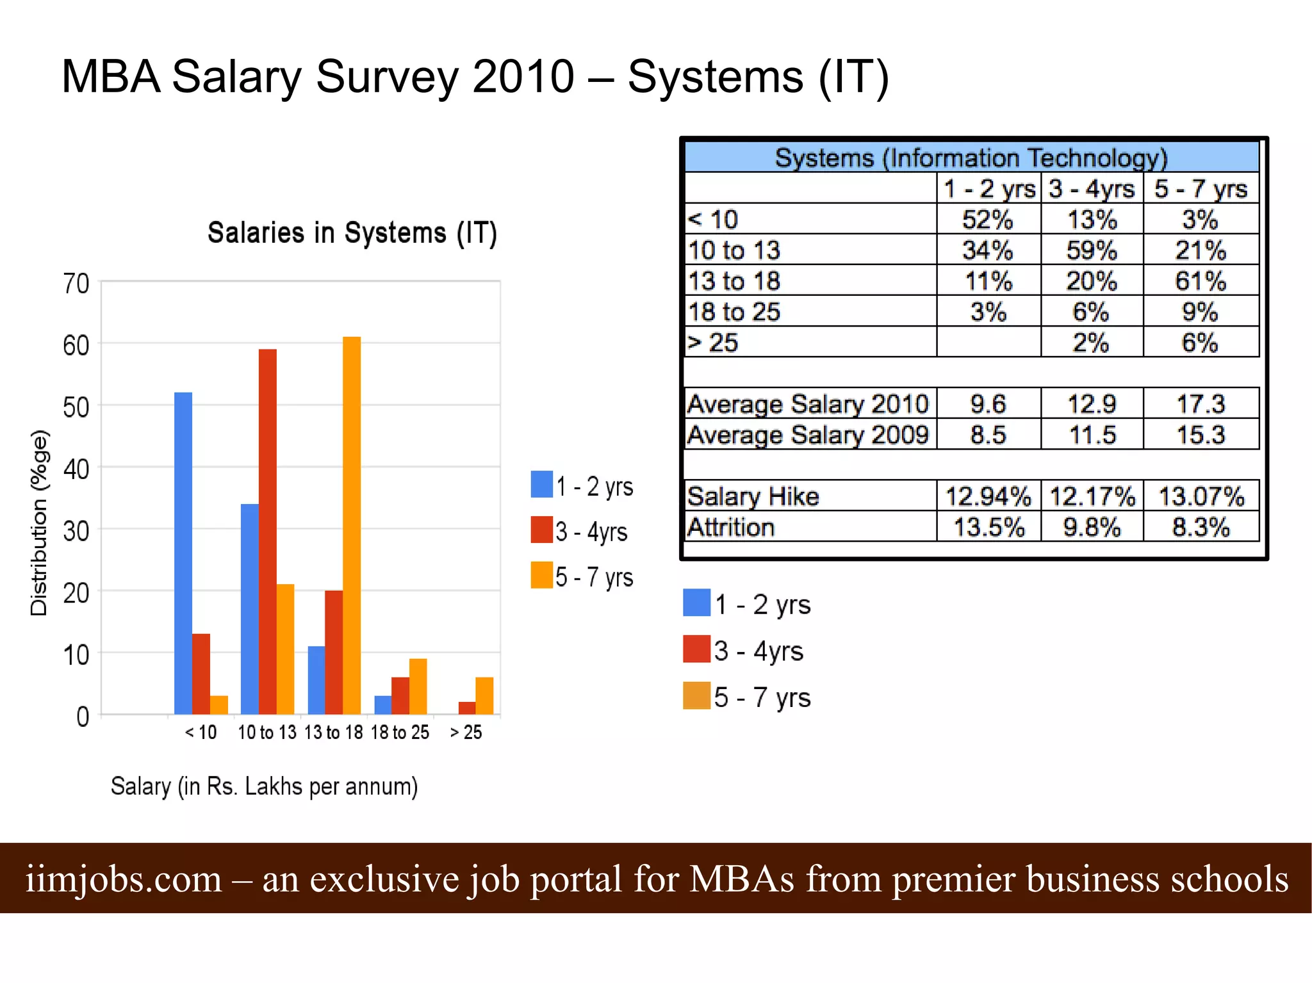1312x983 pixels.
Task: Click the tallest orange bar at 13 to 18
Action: [352, 525]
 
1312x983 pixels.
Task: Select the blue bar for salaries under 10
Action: [183, 553]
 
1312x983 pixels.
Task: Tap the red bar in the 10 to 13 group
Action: [268, 532]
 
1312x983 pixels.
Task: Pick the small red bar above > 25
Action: [467, 708]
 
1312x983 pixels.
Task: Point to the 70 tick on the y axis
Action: [76, 283]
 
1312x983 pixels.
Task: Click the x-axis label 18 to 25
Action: [400, 732]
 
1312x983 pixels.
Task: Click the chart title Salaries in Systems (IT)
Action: [352, 233]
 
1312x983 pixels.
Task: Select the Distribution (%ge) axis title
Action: [39, 523]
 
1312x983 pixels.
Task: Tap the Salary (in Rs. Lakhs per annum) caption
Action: [264, 786]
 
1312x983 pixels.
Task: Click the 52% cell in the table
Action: [987, 220]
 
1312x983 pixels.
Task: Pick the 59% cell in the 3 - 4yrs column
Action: [1092, 250]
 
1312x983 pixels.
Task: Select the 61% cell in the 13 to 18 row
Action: [1200, 281]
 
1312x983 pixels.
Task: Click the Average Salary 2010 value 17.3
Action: [1200, 404]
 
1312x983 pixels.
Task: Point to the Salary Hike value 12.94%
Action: [988, 496]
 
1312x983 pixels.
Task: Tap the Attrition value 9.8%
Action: [1092, 527]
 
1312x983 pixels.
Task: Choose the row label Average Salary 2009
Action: [808, 435]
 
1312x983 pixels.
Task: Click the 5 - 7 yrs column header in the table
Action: [1200, 189]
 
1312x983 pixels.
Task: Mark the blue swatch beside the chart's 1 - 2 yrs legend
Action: [542, 484]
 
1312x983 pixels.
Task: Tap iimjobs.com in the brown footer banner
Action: [124, 879]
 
